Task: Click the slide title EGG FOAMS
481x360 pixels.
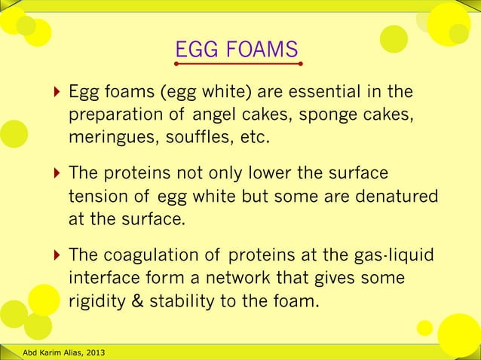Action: pos(237,50)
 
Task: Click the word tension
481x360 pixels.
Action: pos(96,197)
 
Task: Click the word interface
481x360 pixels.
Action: pos(101,279)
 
